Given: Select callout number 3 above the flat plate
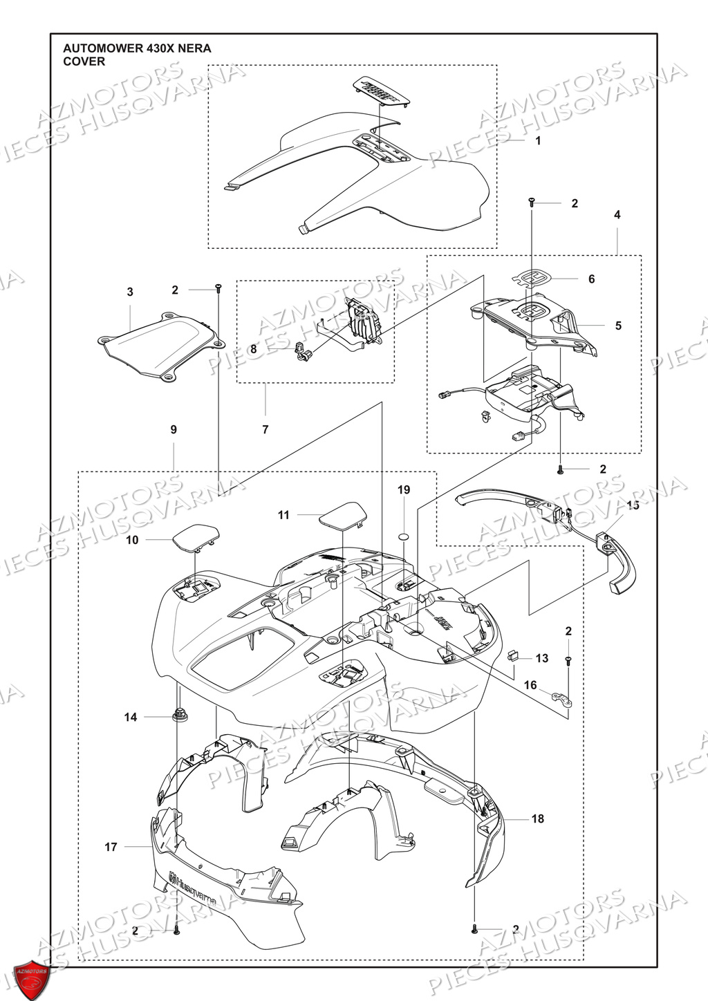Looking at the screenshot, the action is click(130, 292).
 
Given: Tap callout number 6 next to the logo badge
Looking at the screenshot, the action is click(591, 279).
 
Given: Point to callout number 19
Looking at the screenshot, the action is click(404, 490).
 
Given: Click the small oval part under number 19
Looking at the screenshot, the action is click(404, 536).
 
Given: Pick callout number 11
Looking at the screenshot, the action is click(283, 515).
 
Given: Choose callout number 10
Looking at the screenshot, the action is click(132, 540).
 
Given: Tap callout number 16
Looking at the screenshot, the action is click(530, 685).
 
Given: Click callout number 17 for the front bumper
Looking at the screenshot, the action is click(111, 847).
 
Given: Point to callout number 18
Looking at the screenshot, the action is click(537, 819).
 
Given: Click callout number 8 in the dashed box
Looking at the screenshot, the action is click(254, 350).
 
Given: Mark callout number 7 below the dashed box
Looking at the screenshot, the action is click(265, 430).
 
